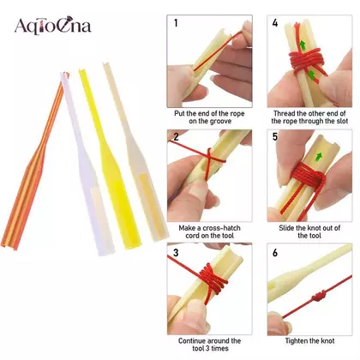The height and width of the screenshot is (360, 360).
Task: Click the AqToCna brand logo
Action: pos(53,27)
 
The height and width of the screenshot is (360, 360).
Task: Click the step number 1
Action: pos(176,23)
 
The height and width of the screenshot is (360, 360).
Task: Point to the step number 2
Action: pos(176,136)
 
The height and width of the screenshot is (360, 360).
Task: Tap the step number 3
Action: pos(176,253)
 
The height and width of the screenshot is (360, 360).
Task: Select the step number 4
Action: pos(275,23)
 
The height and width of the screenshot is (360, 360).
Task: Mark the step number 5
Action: pos(275,136)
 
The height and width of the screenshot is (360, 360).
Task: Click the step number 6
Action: pos(275,253)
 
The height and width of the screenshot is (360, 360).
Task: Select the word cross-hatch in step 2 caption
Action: pos(221,228)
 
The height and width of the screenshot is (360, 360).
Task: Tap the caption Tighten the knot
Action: pos(309,341)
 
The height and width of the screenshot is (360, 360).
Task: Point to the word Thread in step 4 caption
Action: pos(285,113)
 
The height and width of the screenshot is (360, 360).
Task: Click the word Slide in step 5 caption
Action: pos(286,228)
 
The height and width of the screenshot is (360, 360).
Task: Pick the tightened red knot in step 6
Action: pos(318,297)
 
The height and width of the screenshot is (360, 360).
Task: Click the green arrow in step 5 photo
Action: pos(319,156)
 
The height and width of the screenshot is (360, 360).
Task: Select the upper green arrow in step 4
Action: pos(303,45)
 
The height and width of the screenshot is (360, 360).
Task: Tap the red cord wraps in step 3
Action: pos(213,281)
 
